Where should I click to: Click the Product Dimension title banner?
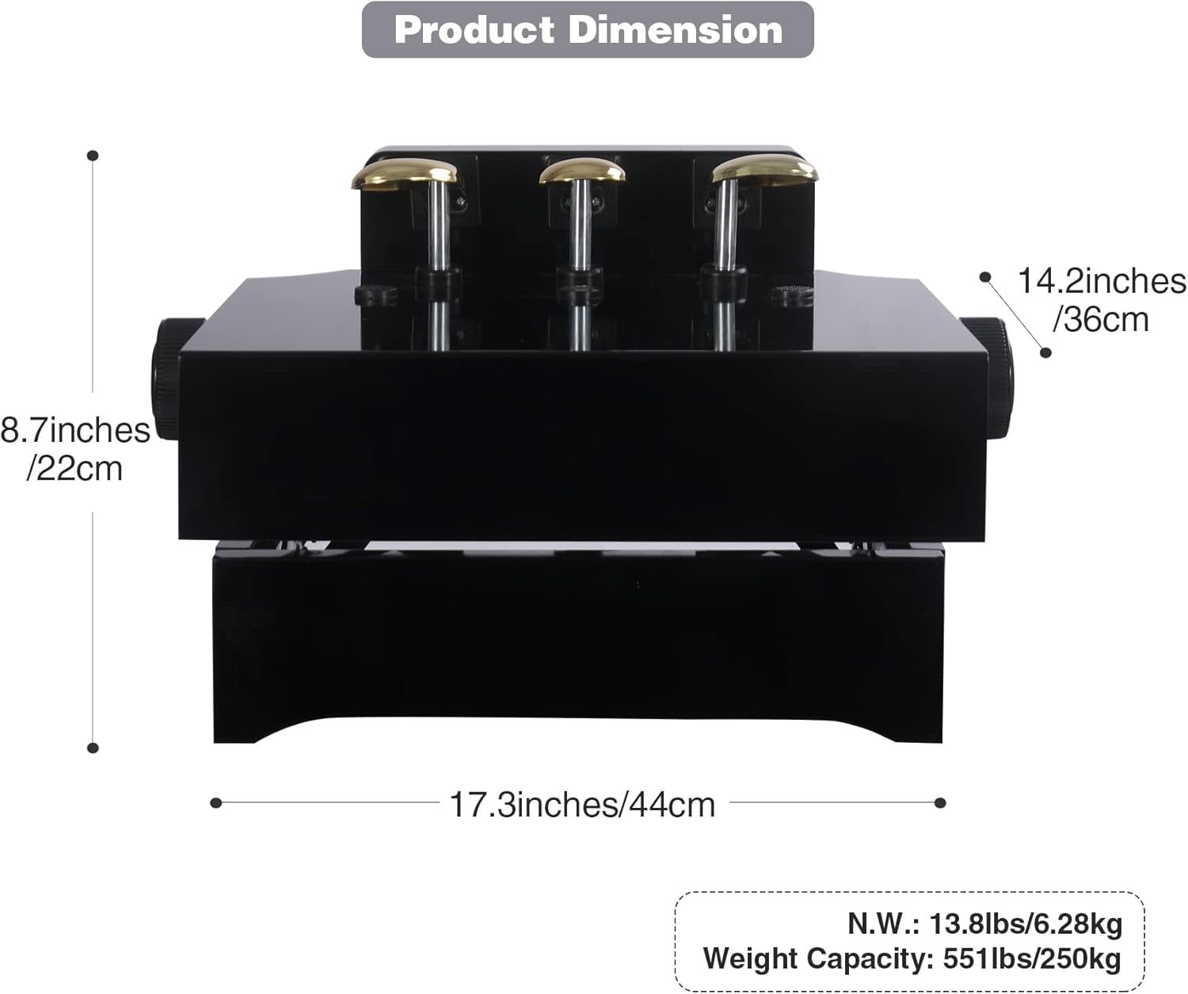[588, 29]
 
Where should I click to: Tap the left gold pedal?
[405, 173]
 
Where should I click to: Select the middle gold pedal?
[582, 170]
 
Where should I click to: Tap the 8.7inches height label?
[74, 430]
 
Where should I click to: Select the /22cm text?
[74, 468]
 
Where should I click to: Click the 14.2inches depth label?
[1101, 281]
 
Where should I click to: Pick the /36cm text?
[1100, 319]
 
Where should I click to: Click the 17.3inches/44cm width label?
[582, 805]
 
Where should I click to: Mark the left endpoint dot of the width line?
[216, 803]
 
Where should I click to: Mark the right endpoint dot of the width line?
[940, 803]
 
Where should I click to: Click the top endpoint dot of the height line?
[93, 155]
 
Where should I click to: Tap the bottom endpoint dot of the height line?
[93, 748]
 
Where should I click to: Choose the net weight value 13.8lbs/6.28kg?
[1025, 924]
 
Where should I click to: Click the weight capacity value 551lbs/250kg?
[1031, 958]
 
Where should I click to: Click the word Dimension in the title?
[676, 29]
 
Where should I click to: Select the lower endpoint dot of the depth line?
[1045, 352]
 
